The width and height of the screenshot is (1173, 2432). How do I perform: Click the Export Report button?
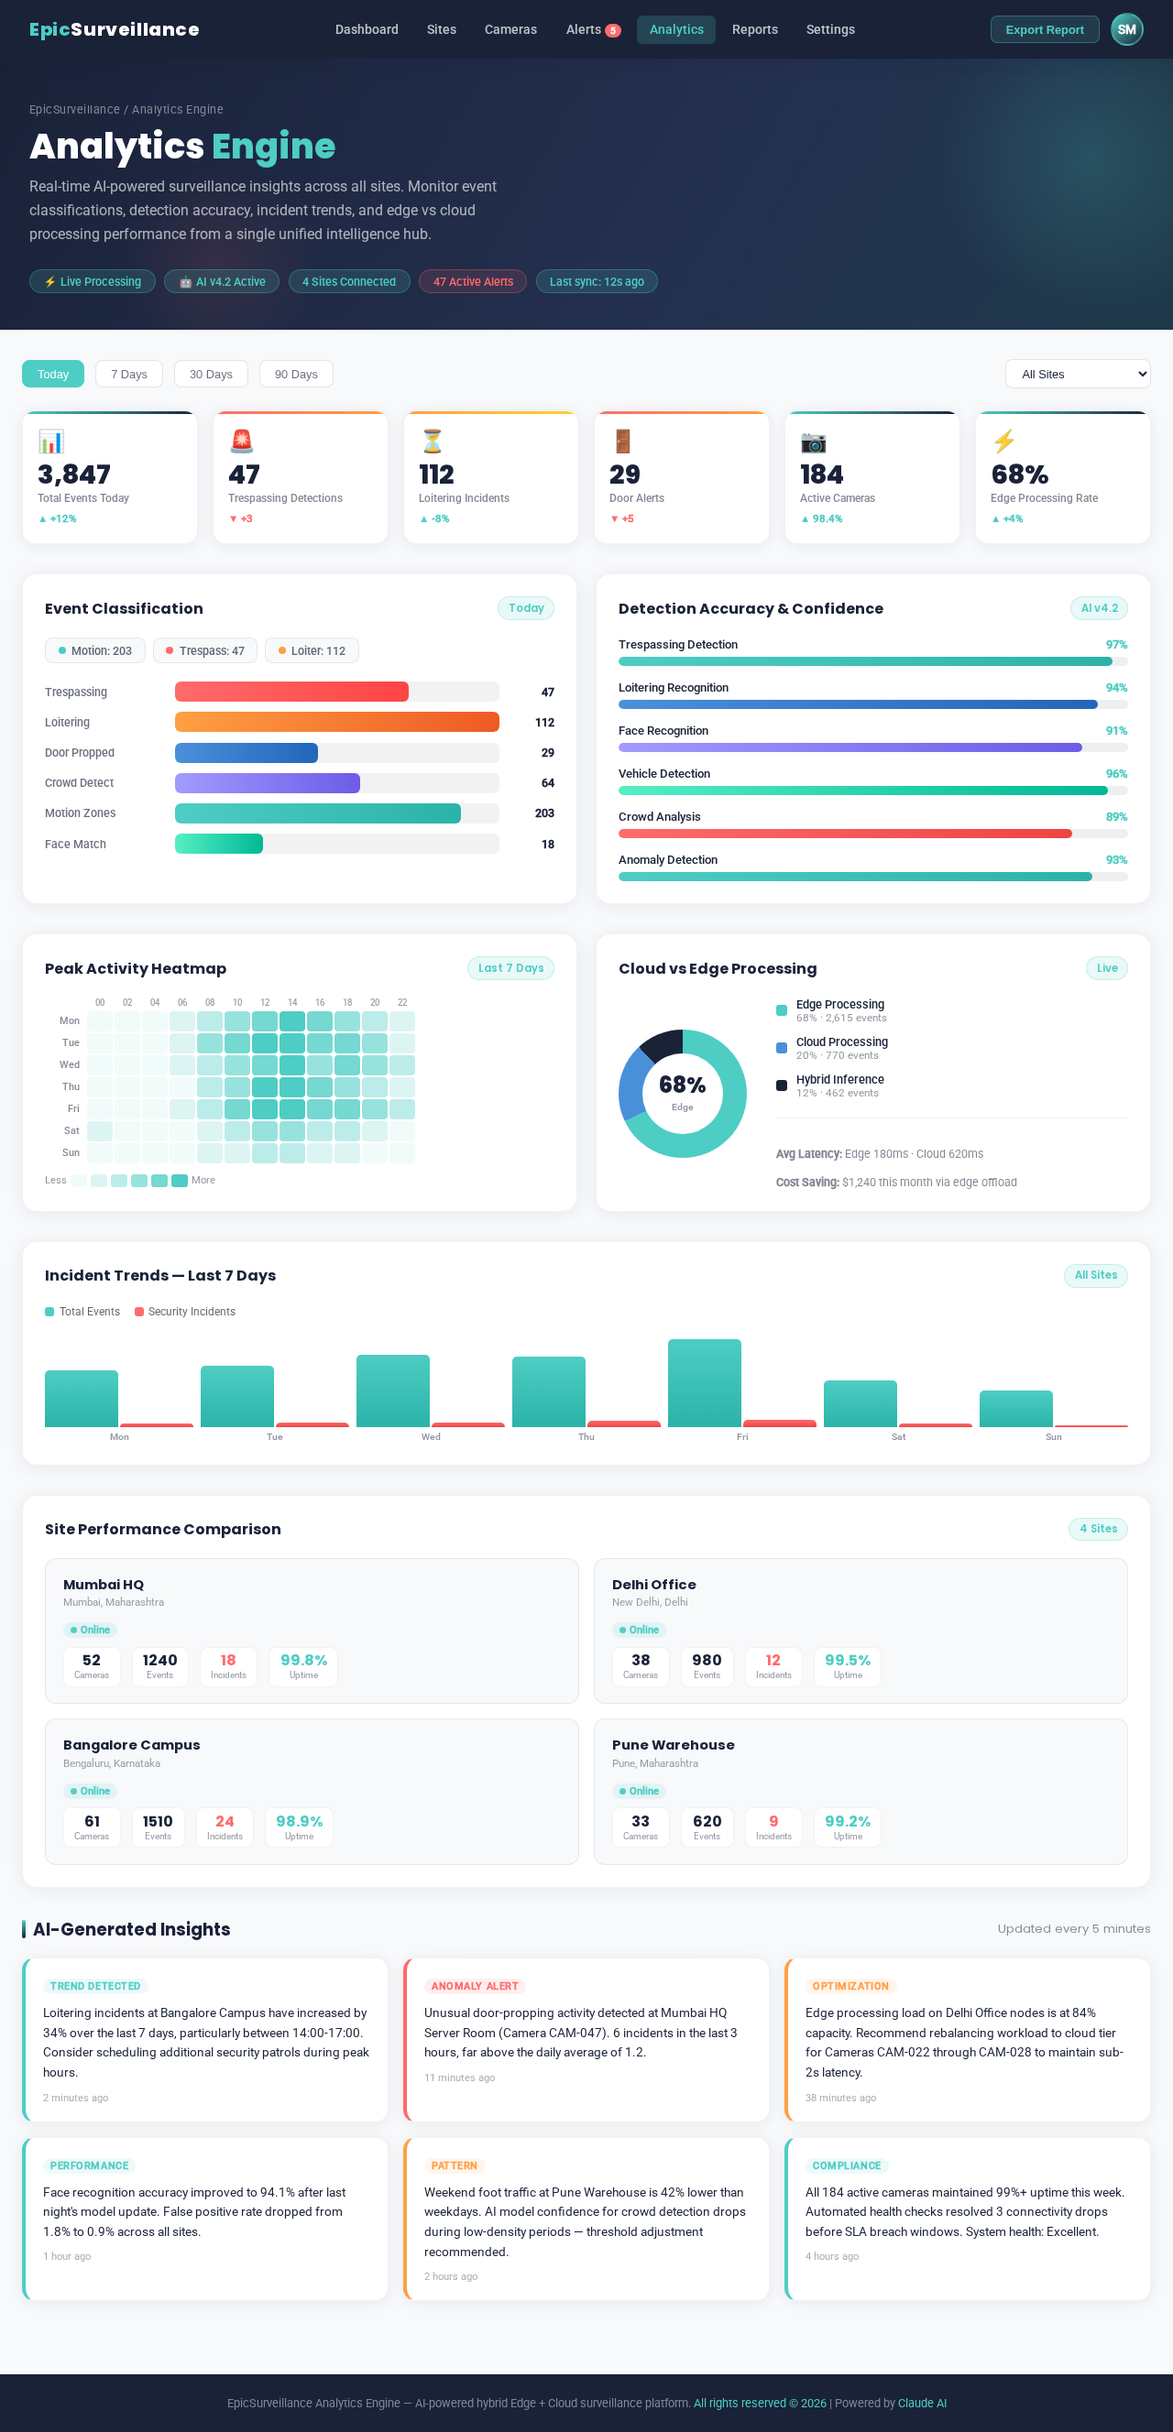(x=1044, y=29)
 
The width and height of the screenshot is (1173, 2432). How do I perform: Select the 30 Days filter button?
(x=211, y=374)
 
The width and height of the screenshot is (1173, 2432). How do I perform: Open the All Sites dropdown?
(x=1077, y=374)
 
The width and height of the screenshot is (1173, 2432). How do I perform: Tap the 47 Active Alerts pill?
(x=472, y=281)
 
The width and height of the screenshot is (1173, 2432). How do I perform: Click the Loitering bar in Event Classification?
(x=336, y=722)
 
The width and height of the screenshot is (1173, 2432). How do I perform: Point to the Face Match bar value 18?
(x=547, y=844)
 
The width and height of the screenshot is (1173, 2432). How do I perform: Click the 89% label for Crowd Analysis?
(x=1115, y=817)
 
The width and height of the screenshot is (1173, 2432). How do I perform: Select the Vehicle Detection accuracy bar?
(x=862, y=791)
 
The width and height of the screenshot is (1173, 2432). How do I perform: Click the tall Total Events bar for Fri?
(x=704, y=1382)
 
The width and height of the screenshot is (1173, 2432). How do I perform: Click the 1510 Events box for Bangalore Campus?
(x=158, y=1826)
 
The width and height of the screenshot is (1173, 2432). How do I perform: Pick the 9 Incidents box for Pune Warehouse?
(x=773, y=1826)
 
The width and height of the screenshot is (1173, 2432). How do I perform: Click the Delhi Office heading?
(x=653, y=1584)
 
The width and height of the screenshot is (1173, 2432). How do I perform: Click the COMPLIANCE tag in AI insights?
(x=845, y=2165)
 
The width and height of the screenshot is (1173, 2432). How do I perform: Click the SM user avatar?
(x=1125, y=29)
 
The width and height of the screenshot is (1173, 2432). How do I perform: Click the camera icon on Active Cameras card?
(x=812, y=442)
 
